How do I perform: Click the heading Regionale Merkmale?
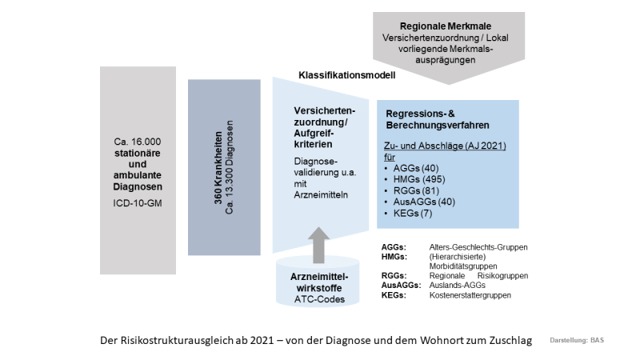(448, 26)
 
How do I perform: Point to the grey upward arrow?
(318, 242)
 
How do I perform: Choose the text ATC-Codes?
(318, 299)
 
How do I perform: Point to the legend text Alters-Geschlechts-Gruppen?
(476, 247)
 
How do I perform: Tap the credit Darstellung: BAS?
(577, 341)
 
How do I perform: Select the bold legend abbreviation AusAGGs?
(401, 286)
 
